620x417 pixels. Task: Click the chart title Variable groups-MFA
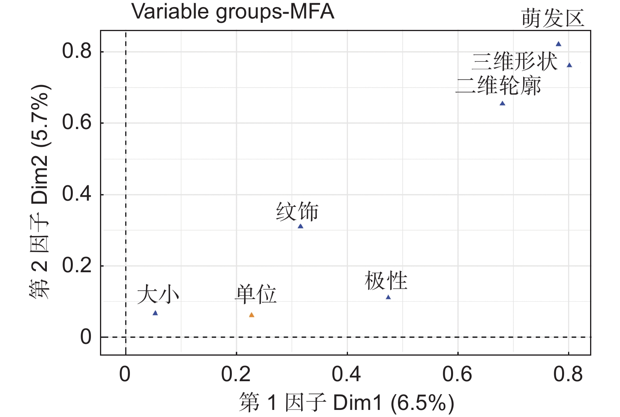(x=233, y=11)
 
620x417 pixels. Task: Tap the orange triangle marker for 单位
(x=252, y=315)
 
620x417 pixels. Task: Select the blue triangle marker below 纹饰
(x=300, y=226)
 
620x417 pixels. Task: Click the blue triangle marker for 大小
(x=155, y=313)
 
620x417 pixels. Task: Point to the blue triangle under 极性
(x=388, y=297)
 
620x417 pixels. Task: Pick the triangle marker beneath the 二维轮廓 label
(x=502, y=103)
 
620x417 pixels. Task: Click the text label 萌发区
(x=553, y=18)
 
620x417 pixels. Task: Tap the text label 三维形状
(x=515, y=62)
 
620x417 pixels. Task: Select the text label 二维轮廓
(x=498, y=86)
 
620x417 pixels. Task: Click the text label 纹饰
(x=297, y=212)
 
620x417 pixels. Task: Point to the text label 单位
(x=255, y=295)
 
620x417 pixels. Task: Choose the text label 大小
(x=158, y=295)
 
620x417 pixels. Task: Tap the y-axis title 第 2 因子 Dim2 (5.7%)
(x=40, y=192)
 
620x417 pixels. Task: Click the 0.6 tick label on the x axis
(x=457, y=374)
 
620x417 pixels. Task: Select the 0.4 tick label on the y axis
(x=77, y=194)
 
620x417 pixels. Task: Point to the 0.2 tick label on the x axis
(x=236, y=374)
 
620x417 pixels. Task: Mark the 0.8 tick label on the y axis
(x=77, y=52)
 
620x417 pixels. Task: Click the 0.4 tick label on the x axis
(x=346, y=374)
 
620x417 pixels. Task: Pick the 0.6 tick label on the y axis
(x=77, y=123)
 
